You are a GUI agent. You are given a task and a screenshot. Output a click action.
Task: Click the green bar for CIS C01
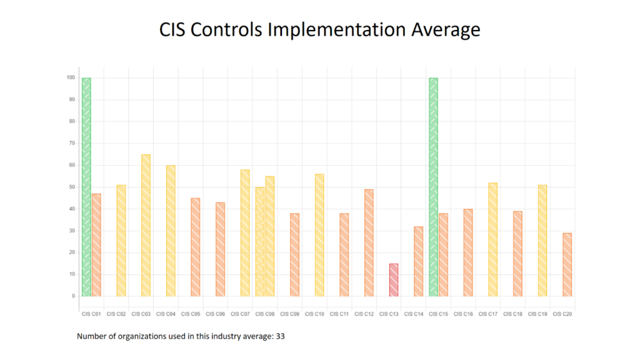click(x=86, y=187)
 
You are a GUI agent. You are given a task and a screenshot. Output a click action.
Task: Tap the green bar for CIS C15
click(x=433, y=187)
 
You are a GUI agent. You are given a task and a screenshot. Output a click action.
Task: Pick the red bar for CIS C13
click(x=394, y=280)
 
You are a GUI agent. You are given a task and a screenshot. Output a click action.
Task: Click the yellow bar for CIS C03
click(x=146, y=225)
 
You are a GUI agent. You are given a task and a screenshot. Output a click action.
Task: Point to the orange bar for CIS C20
click(x=567, y=264)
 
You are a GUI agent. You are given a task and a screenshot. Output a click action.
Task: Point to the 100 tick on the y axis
click(x=71, y=78)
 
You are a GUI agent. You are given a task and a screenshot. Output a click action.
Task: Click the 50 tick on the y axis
click(x=72, y=187)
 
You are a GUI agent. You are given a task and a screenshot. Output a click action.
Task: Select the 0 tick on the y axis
click(x=73, y=296)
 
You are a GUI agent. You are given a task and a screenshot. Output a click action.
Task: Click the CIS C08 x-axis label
click(x=265, y=314)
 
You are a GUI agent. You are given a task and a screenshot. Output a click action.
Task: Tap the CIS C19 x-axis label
click(x=537, y=314)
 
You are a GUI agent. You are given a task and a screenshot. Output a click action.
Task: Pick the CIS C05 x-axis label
click(x=191, y=314)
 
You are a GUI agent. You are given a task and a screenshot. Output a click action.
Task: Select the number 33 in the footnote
click(x=281, y=337)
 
